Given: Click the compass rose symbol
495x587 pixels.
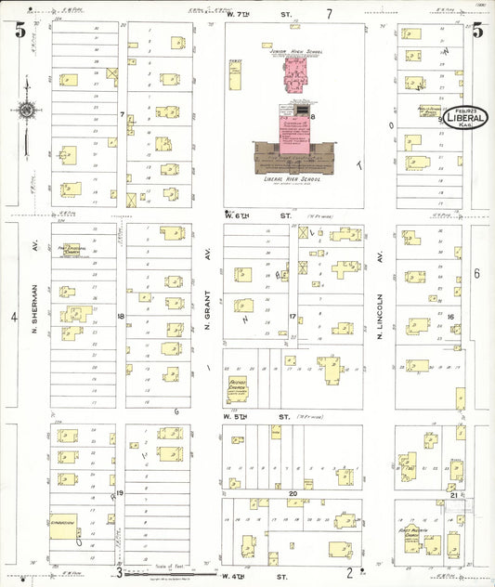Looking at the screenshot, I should point(26,111).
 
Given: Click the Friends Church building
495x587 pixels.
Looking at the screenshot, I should point(238,386).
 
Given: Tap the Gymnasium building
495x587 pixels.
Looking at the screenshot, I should point(63,525).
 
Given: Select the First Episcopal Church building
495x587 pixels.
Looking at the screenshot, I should point(71,250).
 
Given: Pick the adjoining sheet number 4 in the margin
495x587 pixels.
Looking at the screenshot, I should point(14,317).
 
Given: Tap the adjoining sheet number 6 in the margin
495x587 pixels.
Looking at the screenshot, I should point(476,273).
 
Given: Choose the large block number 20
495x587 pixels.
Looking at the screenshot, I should point(293,493).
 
